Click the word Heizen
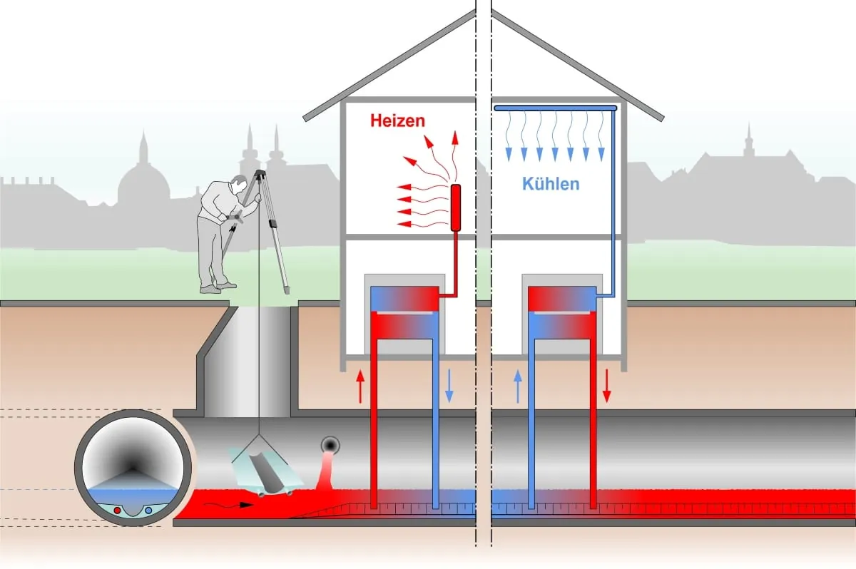coord(397,121)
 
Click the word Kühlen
coord(551,184)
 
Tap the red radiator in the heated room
coord(457,207)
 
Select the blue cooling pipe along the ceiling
coord(555,108)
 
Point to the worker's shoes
coord(218,287)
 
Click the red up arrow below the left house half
coord(360,386)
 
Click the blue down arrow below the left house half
coord(449,386)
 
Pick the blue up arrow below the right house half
coord(519,386)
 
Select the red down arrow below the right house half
coord(607,386)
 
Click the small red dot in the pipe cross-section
coord(117,510)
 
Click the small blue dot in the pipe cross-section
coord(148,510)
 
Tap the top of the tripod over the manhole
coord(259,174)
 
